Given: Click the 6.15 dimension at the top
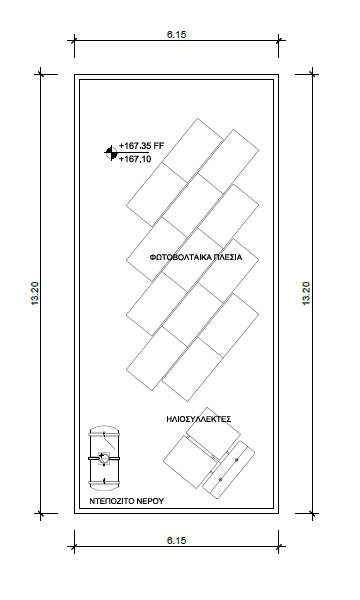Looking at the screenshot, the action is (176, 34).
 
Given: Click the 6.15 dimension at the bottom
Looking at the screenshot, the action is (176, 540).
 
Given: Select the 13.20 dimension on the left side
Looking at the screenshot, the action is (35, 293).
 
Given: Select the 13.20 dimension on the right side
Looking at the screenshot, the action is (306, 293).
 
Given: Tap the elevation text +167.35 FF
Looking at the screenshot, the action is (142, 146).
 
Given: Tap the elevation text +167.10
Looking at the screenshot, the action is (135, 159).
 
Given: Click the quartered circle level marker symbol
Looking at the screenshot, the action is (111, 153).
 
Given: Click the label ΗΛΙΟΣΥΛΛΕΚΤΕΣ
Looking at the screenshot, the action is (199, 419).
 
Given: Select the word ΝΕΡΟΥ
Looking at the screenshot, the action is (149, 501).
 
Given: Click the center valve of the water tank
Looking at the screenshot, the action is (104, 458).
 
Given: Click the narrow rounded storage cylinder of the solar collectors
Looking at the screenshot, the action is (228, 469).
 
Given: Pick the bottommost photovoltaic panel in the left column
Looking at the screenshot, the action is (157, 359).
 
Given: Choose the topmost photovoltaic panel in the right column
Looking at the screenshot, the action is (228, 161).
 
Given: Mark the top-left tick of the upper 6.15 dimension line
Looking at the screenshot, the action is (74, 40).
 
